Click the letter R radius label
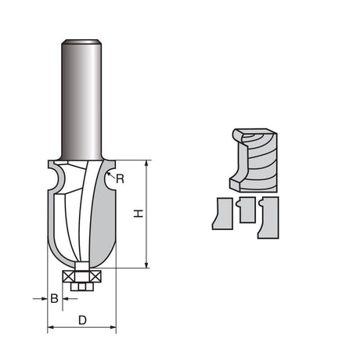(x=121, y=179)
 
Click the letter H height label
(x=139, y=214)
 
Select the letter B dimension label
(x=54, y=298)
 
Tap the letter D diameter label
(x=81, y=320)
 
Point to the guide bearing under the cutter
(x=81, y=275)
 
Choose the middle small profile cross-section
(x=247, y=211)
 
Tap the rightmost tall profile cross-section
(x=268, y=217)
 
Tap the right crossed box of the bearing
(x=96, y=275)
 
